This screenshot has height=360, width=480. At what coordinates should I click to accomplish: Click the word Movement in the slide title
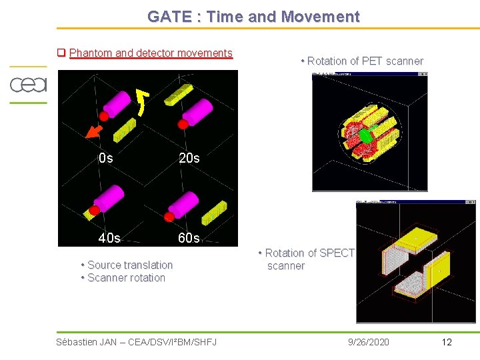323,17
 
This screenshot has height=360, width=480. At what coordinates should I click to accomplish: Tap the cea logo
27,85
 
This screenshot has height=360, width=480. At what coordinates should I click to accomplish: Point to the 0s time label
105,159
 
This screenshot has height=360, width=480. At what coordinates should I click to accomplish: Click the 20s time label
189,159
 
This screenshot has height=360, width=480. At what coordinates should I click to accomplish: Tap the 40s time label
109,238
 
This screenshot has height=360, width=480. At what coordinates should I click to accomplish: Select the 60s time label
189,238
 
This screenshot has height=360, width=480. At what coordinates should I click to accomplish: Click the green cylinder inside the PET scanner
366,135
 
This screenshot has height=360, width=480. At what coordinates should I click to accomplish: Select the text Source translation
130,265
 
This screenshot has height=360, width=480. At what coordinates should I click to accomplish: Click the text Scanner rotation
126,278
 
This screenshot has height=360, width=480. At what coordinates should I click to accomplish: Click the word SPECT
337,253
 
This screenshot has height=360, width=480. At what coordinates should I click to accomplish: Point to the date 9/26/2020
369,342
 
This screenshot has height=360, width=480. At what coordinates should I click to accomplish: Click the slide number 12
447,342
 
